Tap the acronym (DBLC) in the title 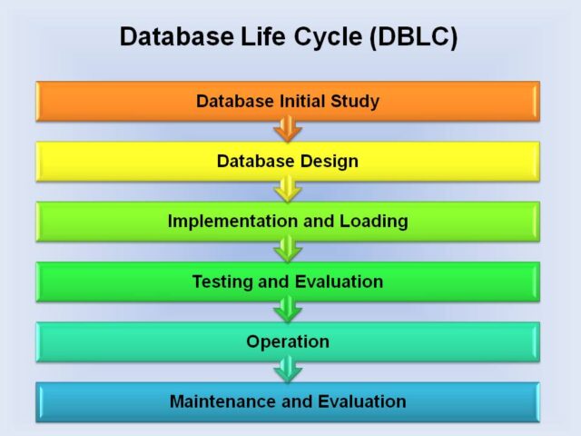point(414,37)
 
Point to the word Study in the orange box point(355,102)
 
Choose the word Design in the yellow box point(329,162)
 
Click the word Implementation point(232,222)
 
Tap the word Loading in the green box point(374,222)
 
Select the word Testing point(223,282)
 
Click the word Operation point(288,342)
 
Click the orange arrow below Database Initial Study point(288,129)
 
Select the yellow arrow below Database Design point(288,189)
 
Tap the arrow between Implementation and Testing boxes point(288,250)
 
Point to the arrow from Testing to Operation point(288,310)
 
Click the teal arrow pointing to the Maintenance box point(288,370)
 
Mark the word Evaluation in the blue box point(362,401)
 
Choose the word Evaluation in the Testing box point(339,282)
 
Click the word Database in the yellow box point(256,161)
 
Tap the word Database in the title point(177,36)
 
